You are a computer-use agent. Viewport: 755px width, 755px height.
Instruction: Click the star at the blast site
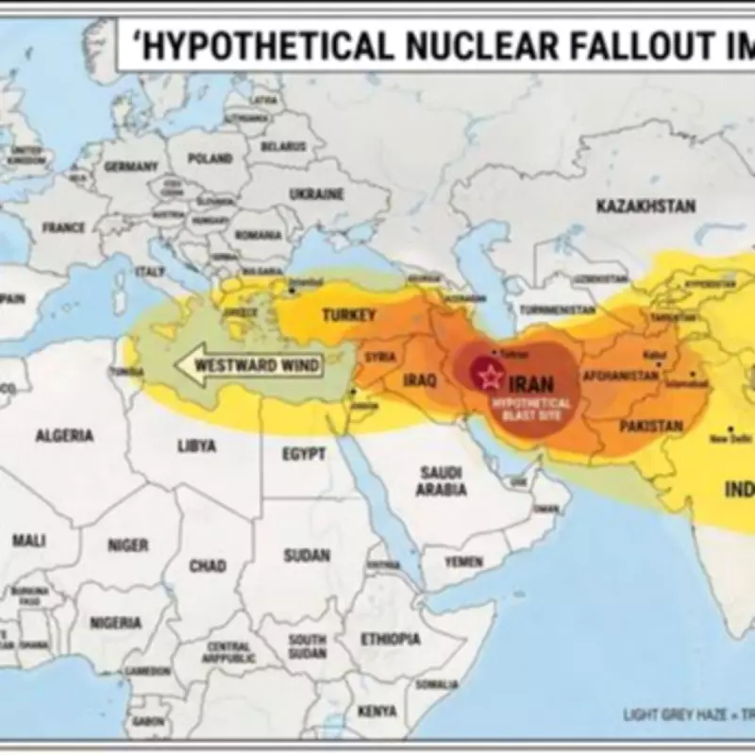click(490, 377)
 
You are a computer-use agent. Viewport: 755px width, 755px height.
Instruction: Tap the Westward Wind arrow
click(248, 365)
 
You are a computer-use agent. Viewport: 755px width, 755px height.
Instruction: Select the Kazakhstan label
click(646, 206)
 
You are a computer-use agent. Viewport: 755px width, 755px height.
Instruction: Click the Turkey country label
click(349, 315)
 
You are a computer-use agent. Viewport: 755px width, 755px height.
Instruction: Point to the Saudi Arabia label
click(441, 480)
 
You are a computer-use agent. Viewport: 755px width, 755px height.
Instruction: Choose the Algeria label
click(64, 435)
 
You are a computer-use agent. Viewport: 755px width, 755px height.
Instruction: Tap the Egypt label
click(304, 454)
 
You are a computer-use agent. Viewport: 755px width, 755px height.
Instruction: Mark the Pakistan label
click(650, 427)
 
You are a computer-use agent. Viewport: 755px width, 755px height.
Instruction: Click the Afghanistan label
click(620, 376)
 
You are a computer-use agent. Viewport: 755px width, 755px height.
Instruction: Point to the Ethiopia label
click(391, 639)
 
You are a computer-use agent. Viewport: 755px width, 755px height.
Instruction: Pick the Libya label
click(196, 445)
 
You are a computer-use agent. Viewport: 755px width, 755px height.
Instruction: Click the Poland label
click(210, 159)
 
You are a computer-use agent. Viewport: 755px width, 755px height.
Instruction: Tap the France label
click(63, 227)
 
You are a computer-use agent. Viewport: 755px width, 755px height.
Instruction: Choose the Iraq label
click(420, 380)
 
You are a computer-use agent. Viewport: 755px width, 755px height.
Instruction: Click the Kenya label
click(377, 710)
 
